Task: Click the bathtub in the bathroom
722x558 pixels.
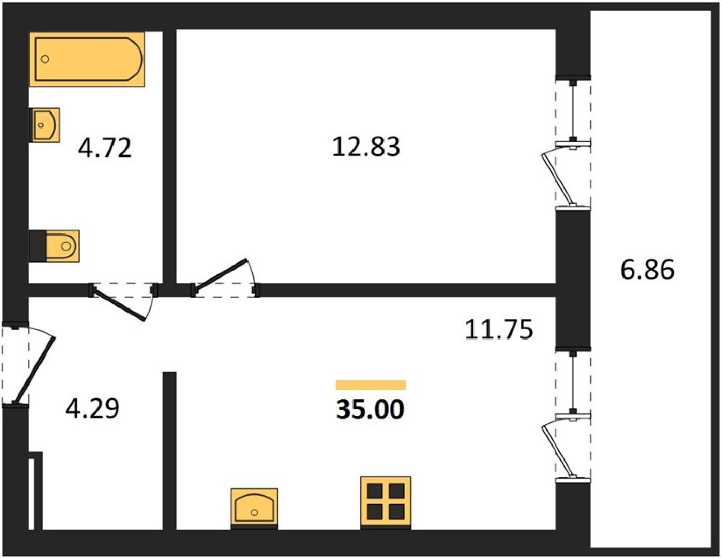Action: point(87,59)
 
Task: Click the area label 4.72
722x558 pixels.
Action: point(105,148)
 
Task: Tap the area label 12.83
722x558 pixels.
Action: point(366,147)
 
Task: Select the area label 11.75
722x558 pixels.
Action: point(499,329)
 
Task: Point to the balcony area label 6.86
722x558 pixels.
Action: point(647,270)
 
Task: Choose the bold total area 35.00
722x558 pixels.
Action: point(370,409)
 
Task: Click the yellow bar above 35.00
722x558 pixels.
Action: point(370,385)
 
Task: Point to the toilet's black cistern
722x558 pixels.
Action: point(37,246)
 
